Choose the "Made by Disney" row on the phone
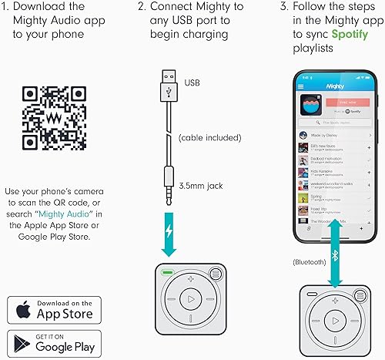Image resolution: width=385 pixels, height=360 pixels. [327, 135]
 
